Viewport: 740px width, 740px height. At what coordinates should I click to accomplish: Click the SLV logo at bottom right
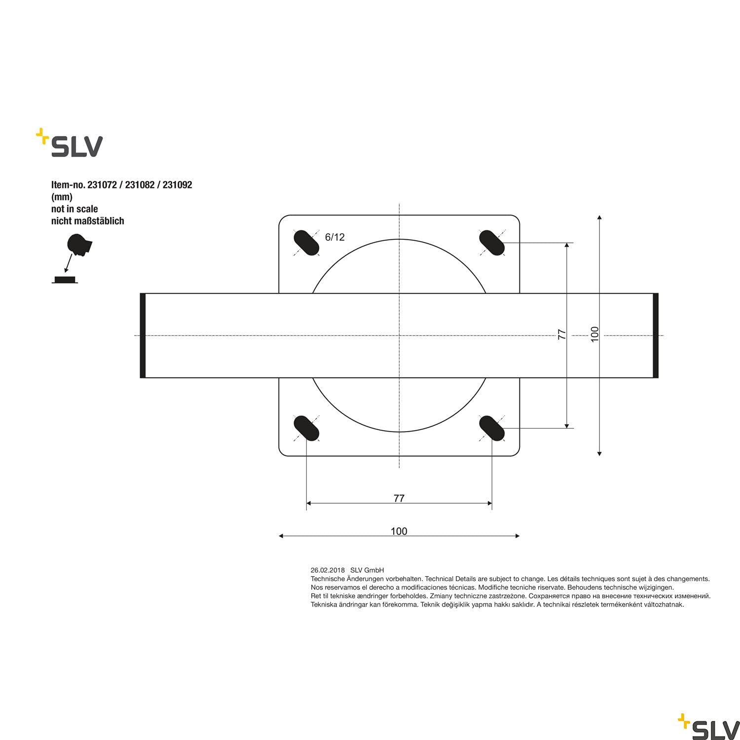[x=709, y=723]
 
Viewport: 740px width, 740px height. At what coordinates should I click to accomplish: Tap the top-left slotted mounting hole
[x=306, y=243]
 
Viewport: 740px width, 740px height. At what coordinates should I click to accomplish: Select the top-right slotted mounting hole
[x=492, y=243]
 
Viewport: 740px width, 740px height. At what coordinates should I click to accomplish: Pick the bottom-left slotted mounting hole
[x=306, y=428]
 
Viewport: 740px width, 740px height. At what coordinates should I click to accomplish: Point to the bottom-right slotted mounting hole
[x=492, y=428]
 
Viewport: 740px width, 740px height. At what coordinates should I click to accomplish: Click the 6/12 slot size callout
[x=334, y=237]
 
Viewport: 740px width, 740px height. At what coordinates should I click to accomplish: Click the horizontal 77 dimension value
[x=399, y=498]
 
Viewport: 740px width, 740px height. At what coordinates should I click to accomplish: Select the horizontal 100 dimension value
[x=399, y=531]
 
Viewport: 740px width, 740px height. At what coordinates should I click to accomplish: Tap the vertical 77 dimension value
[x=561, y=334]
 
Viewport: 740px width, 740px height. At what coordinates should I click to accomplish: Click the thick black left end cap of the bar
[x=143, y=335]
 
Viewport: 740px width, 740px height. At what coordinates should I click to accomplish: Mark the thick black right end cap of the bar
[x=656, y=335]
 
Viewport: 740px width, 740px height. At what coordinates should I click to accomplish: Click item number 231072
[x=102, y=185]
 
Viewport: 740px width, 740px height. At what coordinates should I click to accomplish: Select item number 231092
[x=177, y=185]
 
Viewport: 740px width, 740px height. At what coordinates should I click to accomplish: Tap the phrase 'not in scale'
[x=74, y=209]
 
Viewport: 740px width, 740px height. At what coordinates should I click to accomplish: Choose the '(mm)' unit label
[x=62, y=197]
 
